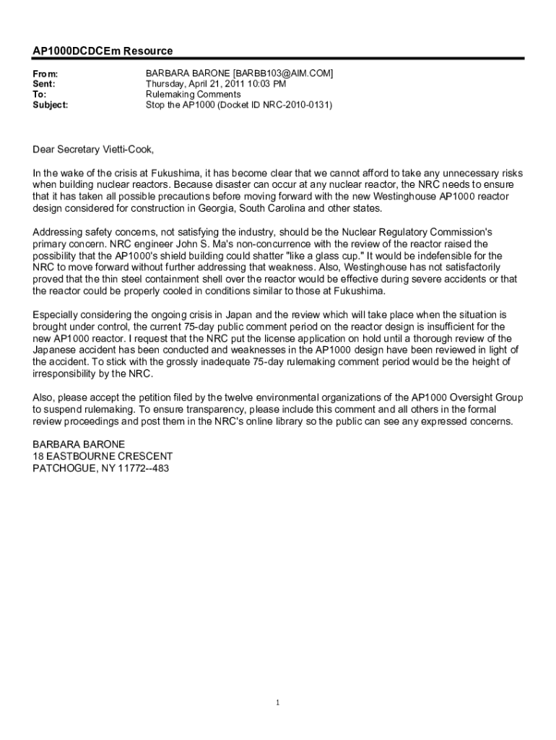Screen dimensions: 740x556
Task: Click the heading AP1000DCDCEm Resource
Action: pyautogui.click(x=103, y=51)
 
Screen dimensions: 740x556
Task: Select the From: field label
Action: pyautogui.click(x=45, y=74)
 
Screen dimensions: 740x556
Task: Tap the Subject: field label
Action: pyautogui.click(x=51, y=105)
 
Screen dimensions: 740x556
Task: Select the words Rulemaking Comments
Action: pyautogui.click(x=193, y=95)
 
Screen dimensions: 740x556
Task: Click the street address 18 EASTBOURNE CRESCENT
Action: pyautogui.click(x=103, y=456)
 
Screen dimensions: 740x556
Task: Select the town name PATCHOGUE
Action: pyautogui.click(x=64, y=468)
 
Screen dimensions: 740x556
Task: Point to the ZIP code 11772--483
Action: pyautogui.click(x=143, y=468)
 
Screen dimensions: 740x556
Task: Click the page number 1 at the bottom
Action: pyautogui.click(x=278, y=702)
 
